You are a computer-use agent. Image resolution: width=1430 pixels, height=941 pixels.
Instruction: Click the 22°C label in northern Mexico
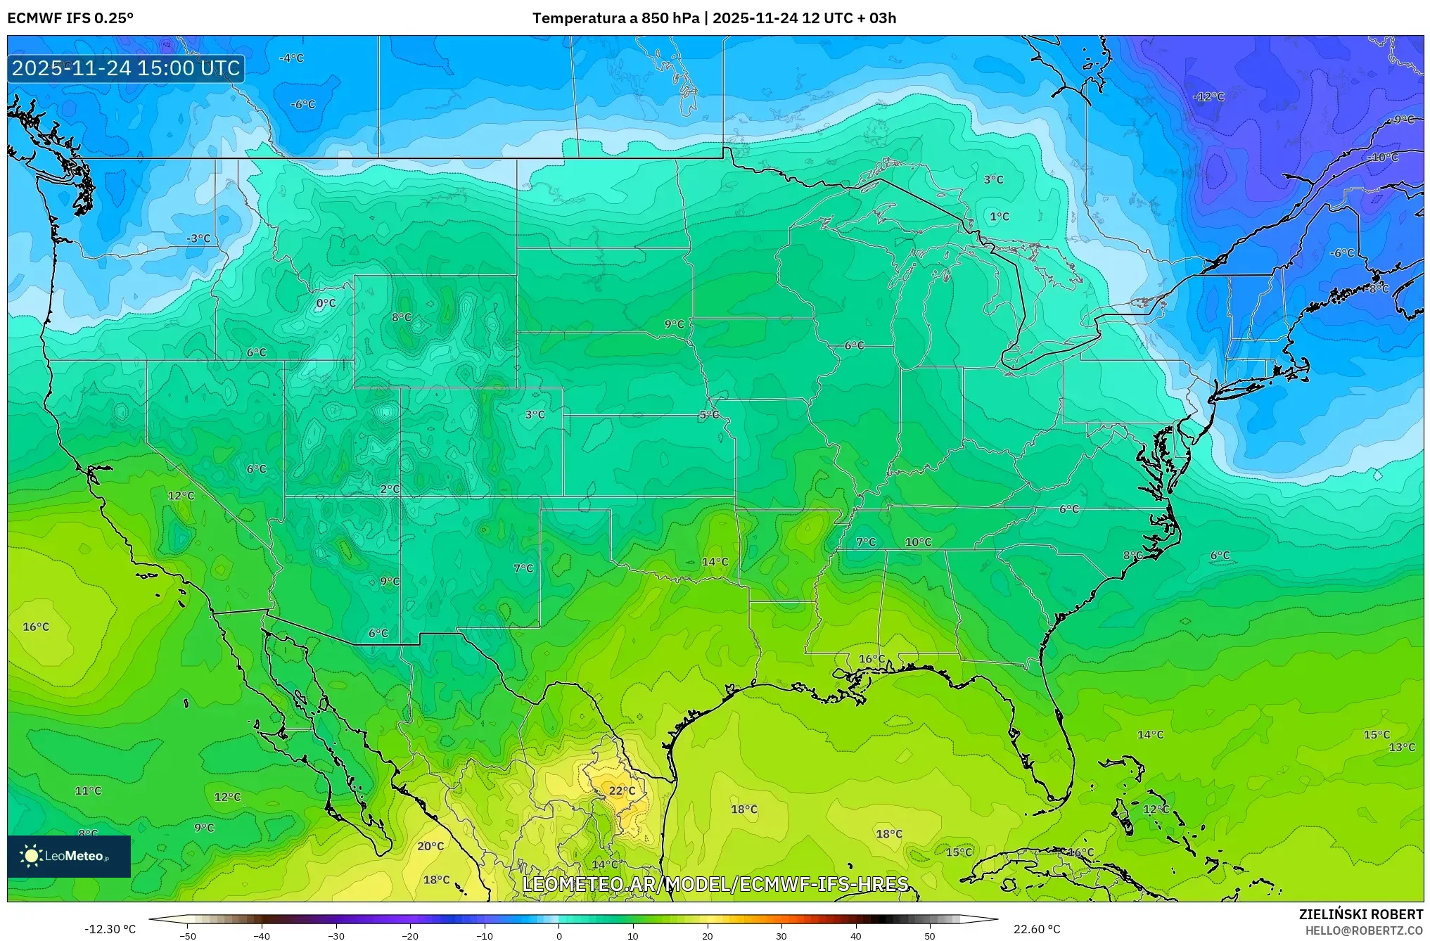point(622,790)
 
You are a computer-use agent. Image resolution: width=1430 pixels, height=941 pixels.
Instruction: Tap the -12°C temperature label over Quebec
point(1208,97)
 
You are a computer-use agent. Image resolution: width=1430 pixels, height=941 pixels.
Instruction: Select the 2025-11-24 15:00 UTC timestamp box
point(126,68)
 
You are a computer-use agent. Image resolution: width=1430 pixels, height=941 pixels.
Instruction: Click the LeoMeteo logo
point(69,856)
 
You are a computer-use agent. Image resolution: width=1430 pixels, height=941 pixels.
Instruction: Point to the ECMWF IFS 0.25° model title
point(70,18)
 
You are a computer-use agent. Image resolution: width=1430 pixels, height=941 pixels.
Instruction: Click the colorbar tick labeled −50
point(188,935)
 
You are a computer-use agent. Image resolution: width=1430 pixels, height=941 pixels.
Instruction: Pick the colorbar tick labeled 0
point(559,935)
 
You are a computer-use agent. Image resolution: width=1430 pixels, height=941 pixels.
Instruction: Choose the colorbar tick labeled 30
point(781,935)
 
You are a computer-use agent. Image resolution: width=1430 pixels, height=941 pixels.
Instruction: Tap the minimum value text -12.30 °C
point(110,929)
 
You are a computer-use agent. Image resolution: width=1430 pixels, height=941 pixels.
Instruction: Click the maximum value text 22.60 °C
point(1037,929)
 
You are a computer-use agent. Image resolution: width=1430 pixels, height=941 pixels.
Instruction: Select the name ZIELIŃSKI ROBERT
point(1360,914)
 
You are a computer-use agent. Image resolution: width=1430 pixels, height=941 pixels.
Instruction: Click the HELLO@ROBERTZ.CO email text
point(1364,930)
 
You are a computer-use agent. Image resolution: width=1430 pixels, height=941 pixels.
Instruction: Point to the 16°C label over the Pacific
point(36,627)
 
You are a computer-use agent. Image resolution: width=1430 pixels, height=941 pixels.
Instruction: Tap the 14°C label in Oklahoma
point(715,562)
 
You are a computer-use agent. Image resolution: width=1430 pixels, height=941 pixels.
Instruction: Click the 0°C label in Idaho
point(326,304)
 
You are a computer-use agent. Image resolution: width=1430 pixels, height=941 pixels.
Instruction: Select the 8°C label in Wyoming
point(402,318)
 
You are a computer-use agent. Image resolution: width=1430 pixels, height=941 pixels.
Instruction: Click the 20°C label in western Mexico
point(430,846)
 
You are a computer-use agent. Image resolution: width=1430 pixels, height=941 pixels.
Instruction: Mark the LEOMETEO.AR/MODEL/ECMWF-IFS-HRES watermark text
point(715,884)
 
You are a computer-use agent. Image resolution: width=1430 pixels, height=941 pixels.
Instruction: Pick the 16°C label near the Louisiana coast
point(872,659)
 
